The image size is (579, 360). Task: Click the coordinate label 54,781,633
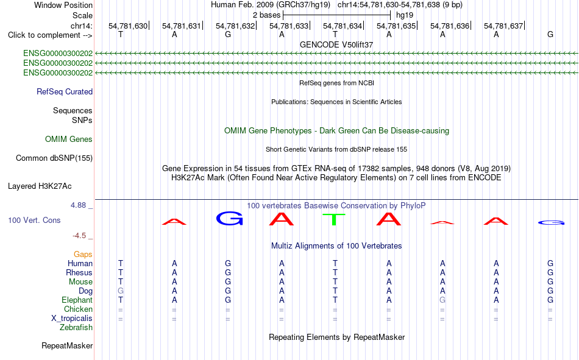click(x=289, y=26)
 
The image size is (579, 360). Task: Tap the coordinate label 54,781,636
click(x=450, y=26)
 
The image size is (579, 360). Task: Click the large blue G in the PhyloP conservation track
click(x=229, y=219)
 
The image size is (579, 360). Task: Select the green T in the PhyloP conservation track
click(x=334, y=219)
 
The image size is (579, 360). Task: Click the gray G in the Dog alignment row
click(x=121, y=291)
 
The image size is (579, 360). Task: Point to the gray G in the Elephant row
click(x=442, y=300)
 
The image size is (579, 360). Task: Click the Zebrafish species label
click(x=76, y=328)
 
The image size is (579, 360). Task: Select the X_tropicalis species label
click(x=72, y=319)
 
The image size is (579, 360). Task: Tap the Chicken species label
click(x=78, y=309)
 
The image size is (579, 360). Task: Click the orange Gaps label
click(x=83, y=255)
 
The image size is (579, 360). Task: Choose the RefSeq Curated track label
click(x=65, y=91)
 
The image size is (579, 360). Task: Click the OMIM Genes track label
click(x=69, y=139)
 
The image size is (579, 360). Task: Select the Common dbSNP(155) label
click(x=54, y=158)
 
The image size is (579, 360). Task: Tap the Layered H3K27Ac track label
click(x=40, y=186)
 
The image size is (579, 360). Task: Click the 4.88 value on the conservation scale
click(x=78, y=205)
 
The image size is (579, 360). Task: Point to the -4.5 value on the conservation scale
click(x=79, y=236)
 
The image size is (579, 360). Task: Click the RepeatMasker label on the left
click(x=67, y=346)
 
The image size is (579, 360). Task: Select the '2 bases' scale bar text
click(x=266, y=15)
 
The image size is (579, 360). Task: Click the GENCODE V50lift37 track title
click(x=336, y=44)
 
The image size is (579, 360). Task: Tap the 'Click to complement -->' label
click(x=50, y=35)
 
